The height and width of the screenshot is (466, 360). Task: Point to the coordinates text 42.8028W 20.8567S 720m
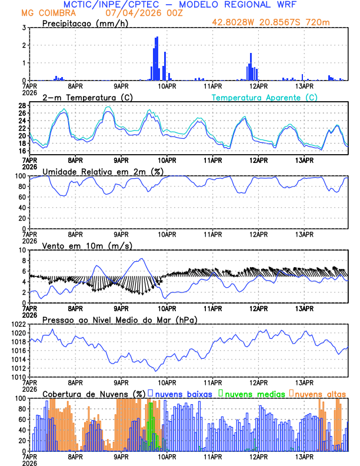click(x=278, y=23)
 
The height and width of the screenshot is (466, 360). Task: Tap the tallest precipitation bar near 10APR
click(x=157, y=58)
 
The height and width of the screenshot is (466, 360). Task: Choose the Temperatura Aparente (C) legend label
click(x=264, y=97)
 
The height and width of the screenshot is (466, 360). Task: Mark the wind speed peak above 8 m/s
click(x=141, y=259)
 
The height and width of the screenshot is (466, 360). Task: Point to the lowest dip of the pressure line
click(x=156, y=371)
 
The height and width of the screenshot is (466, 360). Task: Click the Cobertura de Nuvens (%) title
click(x=94, y=394)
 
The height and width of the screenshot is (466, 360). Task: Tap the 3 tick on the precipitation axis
click(x=23, y=28)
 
